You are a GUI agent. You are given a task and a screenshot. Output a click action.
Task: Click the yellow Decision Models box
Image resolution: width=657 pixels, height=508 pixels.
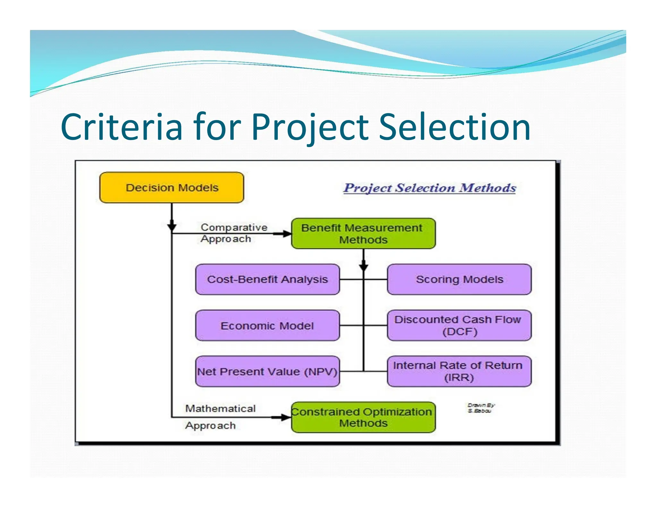coord(172,188)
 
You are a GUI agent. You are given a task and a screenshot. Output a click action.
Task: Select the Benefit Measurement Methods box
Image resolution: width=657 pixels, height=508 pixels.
coord(363,233)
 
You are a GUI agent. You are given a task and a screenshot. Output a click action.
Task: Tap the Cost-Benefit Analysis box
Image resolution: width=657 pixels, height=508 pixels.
coord(267,279)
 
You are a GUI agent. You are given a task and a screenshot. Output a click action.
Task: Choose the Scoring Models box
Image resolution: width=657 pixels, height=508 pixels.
coord(459,279)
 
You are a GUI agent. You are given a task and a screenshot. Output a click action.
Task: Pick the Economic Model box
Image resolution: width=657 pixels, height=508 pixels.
coord(267,325)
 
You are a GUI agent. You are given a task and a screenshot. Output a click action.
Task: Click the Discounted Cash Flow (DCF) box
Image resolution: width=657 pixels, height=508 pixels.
coord(459,325)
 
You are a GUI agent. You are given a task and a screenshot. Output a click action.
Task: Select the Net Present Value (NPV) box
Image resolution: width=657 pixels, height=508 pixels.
coord(267,372)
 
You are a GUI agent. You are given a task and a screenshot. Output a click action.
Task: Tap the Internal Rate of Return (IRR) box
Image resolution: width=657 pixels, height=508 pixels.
coord(459,372)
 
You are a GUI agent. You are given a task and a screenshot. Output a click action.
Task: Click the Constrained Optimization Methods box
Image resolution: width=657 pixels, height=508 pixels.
coord(363,417)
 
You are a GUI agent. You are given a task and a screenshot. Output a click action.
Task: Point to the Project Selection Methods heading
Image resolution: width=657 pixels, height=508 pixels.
coord(430,188)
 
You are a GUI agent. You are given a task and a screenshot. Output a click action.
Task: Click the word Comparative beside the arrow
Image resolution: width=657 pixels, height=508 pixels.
coord(234,227)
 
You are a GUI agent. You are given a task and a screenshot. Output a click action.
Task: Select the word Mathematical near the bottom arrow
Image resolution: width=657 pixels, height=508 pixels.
coord(220,408)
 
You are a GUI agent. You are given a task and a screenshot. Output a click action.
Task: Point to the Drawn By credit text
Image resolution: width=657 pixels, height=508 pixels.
coord(481,408)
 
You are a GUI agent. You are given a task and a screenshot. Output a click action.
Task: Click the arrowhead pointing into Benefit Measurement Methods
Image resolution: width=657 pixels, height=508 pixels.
coord(286,234)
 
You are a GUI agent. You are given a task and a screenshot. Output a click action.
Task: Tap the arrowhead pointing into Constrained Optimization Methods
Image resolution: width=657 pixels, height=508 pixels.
coord(285,417)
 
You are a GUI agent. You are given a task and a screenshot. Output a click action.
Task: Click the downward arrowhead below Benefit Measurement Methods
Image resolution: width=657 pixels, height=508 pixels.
coord(363,267)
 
